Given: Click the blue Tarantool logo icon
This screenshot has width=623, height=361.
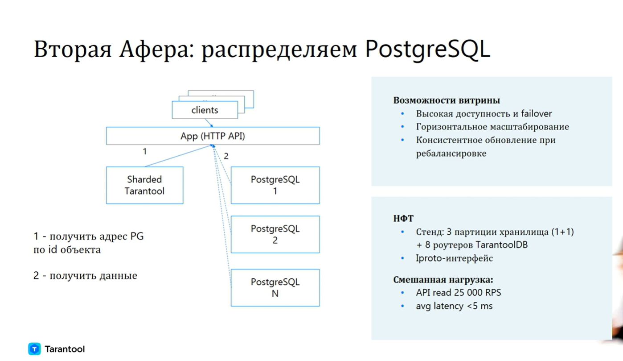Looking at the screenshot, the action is (34, 349).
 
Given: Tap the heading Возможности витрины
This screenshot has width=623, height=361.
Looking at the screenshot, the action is (447, 100).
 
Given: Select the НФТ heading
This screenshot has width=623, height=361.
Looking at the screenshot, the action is (403, 218).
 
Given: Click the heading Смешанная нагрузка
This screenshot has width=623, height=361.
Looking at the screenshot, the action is (443, 279).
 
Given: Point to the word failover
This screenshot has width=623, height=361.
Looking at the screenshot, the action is (536, 114).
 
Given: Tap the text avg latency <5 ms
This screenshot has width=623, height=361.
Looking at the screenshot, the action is (454, 306).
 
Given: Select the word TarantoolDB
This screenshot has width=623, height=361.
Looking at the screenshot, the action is (501, 245).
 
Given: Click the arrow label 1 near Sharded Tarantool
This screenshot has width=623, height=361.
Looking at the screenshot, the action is (145, 151).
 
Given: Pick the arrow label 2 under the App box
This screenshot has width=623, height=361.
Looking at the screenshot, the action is (226, 156).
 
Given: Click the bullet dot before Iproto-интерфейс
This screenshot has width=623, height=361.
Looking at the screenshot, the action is (402, 258).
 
